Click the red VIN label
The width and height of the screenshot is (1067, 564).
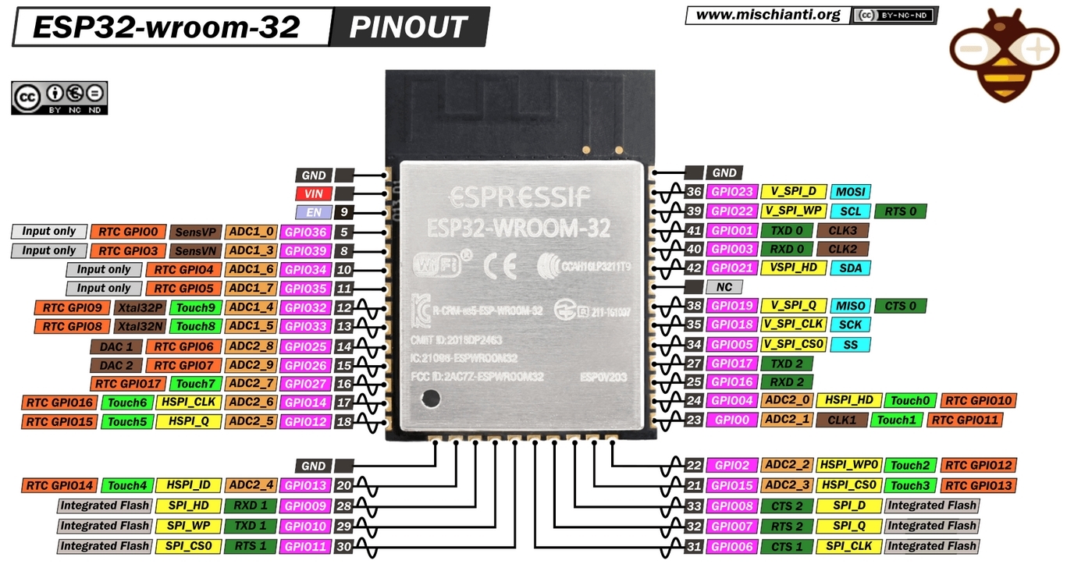313,193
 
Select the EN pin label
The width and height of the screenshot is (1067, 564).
313,211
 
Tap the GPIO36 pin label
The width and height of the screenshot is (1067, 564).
305,232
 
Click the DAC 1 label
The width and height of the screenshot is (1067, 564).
117,346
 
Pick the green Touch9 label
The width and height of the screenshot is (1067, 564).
195,307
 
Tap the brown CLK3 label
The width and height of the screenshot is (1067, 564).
842,230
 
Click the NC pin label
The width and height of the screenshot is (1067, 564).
724,287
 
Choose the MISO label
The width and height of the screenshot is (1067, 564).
849,306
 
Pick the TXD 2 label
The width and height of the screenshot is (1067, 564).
787,364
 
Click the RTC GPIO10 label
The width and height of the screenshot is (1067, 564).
978,401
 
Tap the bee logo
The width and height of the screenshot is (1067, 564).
1004,55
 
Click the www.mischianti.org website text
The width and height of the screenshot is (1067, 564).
767,15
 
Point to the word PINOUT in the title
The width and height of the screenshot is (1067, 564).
407,27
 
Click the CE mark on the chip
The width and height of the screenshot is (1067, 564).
499,267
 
